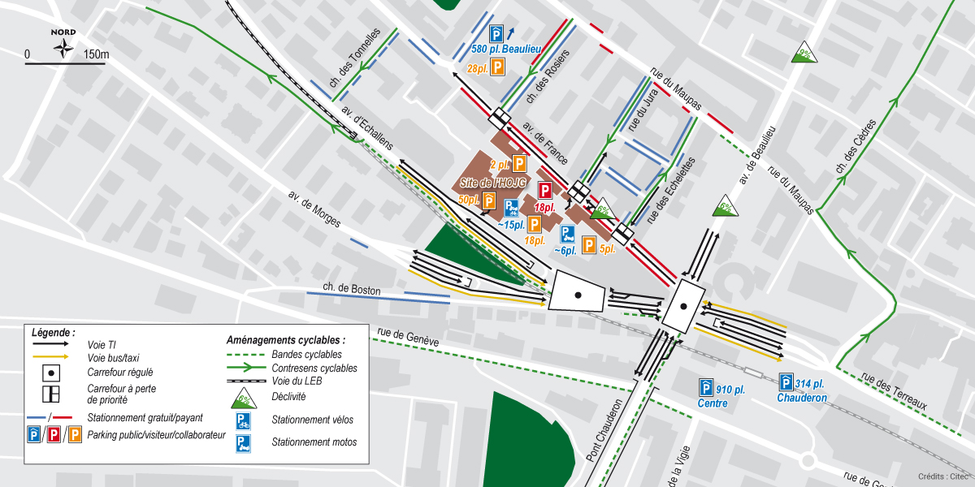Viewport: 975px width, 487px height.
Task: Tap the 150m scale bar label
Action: (96, 55)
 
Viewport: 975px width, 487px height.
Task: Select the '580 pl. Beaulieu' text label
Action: (505, 49)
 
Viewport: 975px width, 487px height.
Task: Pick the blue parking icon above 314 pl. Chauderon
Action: (786, 382)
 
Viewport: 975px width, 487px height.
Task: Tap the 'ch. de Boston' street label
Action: (351, 288)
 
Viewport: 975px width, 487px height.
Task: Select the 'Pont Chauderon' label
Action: (605, 430)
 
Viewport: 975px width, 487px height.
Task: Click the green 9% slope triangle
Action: (804, 53)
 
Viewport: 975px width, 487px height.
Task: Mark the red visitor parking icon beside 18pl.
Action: (545, 192)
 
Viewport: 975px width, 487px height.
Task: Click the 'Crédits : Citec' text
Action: (942, 476)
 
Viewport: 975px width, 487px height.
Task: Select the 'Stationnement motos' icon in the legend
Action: (243, 442)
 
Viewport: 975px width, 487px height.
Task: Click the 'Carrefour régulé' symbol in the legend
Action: (52, 372)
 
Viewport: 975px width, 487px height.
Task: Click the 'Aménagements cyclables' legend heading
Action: (285, 340)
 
